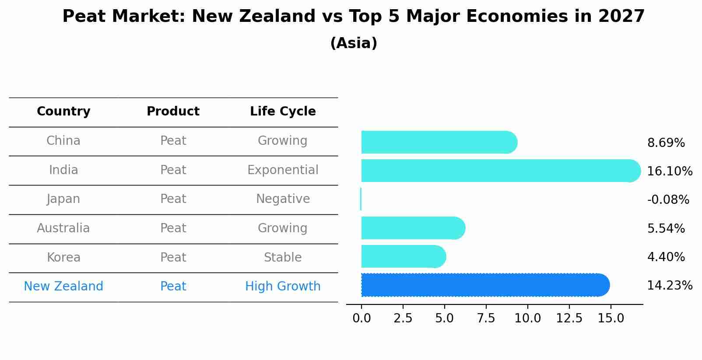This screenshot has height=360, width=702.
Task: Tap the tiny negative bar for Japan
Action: (361, 199)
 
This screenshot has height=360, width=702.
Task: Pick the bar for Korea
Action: (403, 256)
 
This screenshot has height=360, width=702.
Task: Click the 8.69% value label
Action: (666, 143)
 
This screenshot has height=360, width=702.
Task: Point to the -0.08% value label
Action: (668, 200)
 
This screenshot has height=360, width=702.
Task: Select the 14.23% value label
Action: (670, 286)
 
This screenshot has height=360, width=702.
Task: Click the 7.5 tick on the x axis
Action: (486, 318)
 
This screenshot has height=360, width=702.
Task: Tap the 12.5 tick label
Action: (569, 318)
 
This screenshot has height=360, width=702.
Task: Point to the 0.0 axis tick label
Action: (362, 318)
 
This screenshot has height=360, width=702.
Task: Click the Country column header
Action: (63, 112)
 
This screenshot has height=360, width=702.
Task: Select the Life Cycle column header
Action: (283, 112)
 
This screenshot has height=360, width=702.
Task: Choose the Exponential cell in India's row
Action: (283, 170)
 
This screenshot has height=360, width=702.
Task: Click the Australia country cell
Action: (63, 228)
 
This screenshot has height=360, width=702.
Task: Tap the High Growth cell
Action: (283, 287)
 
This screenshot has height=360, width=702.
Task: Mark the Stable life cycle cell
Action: (283, 257)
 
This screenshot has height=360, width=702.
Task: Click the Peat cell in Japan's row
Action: (173, 199)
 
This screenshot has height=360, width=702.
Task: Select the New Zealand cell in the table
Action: (63, 287)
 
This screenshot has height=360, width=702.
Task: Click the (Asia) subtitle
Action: (354, 43)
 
